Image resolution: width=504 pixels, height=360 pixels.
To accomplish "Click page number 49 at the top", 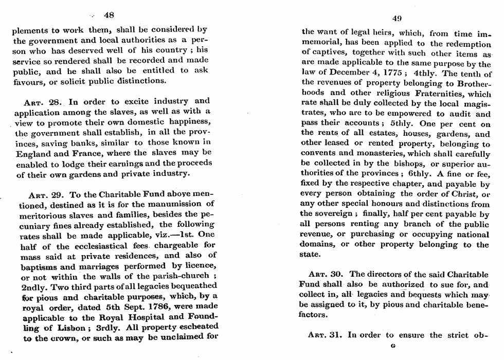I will pos(396,19).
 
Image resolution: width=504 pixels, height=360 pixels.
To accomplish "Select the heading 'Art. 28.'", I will pos(44,101).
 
